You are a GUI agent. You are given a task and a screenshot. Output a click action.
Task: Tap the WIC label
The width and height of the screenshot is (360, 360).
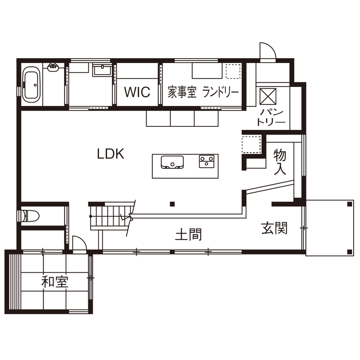click(x=137, y=92)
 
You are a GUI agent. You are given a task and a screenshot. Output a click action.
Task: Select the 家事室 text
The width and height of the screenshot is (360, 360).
click(x=182, y=92)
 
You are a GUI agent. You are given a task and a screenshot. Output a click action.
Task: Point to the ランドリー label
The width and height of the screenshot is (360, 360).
click(x=220, y=92)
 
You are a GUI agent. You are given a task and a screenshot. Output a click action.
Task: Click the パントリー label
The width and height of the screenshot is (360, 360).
click(x=271, y=117)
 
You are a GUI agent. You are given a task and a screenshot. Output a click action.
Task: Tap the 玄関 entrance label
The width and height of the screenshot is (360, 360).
click(x=274, y=229)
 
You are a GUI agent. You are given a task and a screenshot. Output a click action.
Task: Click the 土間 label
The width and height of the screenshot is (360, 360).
click(x=189, y=234)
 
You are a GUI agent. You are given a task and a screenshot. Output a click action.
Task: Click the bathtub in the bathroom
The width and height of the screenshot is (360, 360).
click(x=31, y=85)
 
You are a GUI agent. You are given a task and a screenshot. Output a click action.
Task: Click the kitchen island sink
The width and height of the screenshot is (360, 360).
click(x=172, y=162)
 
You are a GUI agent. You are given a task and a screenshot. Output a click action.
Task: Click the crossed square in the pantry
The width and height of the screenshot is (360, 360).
click(x=269, y=95)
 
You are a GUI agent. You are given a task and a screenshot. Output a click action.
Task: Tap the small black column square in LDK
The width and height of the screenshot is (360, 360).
click(x=172, y=204)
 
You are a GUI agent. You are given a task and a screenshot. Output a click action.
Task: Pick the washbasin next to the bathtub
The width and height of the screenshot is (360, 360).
click(x=54, y=67)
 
